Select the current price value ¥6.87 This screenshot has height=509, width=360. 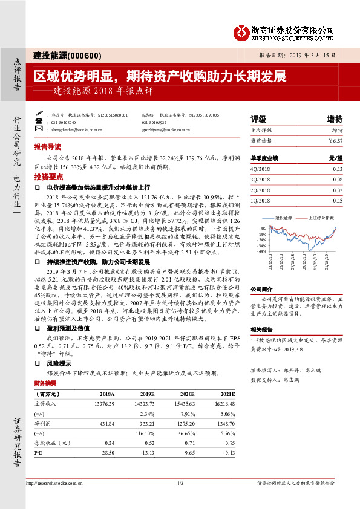335,141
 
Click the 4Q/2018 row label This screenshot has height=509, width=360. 260,170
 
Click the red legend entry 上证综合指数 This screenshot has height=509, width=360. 321,217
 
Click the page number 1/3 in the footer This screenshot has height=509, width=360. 180,482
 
